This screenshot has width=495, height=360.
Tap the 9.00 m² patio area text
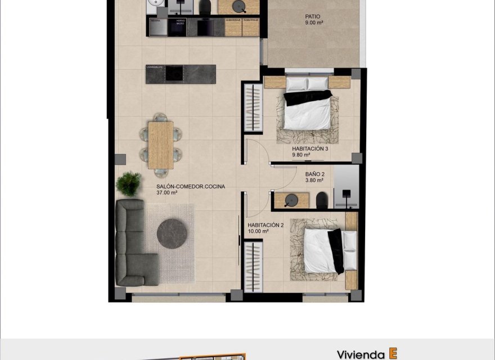[x=314, y=24]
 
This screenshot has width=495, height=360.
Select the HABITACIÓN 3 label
[x=310, y=149]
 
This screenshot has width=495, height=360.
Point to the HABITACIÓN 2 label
[x=265, y=224]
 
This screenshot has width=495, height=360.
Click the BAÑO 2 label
[x=314, y=174]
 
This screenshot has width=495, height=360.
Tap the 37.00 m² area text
[x=167, y=193]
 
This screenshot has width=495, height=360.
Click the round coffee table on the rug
[x=172, y=233]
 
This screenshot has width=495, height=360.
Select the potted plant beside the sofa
[x=129, y=183]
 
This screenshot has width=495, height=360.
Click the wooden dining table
[x=161, y=145]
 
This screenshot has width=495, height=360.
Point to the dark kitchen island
[x=181, y=74]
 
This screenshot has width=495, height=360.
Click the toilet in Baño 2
[x=321, y=200]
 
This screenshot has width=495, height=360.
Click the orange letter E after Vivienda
[x=392, y=354]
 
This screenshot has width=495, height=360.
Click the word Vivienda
[x=360, y=354]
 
